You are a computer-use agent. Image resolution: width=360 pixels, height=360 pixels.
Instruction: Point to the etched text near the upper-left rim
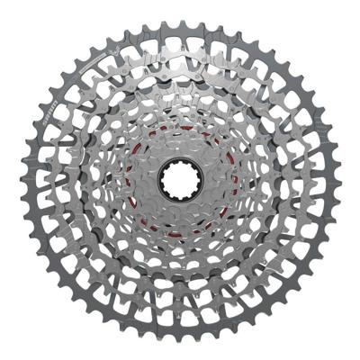tap(90, 67)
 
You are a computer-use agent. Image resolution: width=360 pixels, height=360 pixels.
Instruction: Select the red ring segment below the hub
tap(180, 232)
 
